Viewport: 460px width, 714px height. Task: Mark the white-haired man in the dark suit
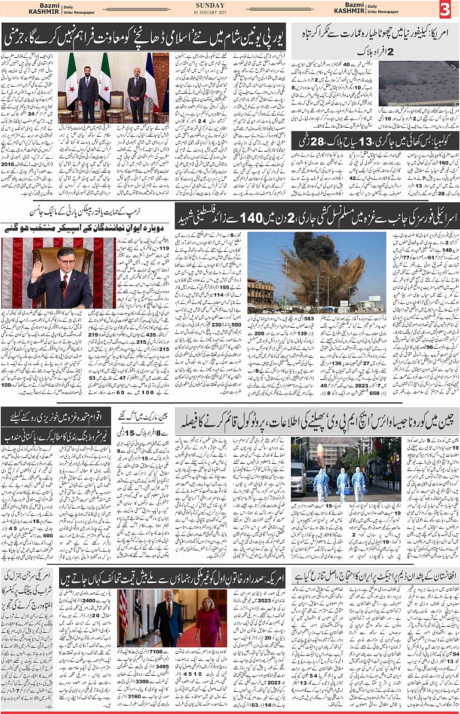(168, 621)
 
